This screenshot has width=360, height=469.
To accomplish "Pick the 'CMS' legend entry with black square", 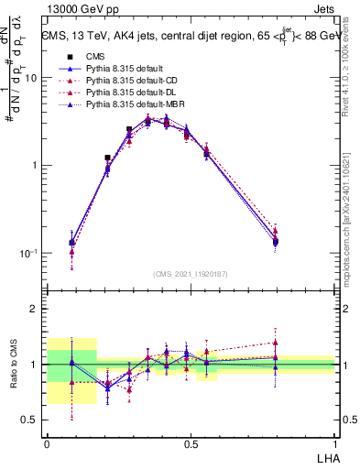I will pos(97,56).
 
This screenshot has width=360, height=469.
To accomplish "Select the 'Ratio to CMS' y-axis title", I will pos(16,365).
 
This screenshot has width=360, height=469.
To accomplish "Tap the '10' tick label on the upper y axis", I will pos(31,78).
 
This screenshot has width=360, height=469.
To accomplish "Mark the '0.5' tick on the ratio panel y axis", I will pos(31,420).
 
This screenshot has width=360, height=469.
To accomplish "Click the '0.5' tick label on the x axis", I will pos(191,442).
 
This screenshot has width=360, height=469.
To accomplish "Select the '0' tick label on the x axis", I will pos(47,442).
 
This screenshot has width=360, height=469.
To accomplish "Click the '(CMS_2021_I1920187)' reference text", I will pos(191,274).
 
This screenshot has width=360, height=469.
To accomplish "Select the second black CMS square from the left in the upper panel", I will pos(107,158).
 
